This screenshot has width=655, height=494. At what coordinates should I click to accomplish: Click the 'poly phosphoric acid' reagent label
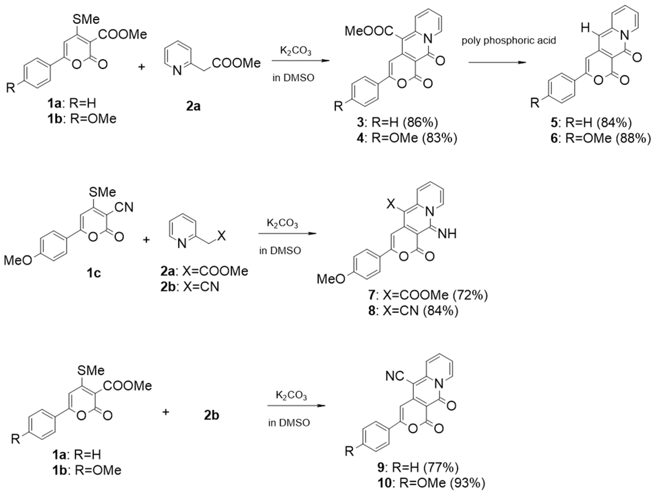click(509, 40)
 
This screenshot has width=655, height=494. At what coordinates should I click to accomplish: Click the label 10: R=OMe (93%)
click(431, 483)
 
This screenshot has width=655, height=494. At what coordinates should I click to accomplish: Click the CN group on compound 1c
click(124, 207)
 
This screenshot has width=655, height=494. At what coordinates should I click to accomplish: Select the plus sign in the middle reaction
click(146, 240)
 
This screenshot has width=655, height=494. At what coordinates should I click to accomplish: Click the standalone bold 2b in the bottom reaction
click(211, 415)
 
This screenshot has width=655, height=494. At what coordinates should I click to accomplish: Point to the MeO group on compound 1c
click(18, 261)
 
